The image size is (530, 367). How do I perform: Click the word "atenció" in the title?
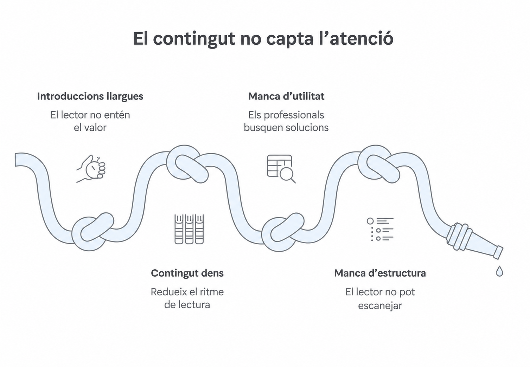click(x=361, y=39)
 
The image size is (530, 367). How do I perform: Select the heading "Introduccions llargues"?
click(x=90, y=96)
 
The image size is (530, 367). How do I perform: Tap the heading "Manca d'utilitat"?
click(x=286, y=96)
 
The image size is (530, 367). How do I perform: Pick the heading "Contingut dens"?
click(x=187, y=273)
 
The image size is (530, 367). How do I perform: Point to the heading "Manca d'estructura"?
click(x=380, y=273)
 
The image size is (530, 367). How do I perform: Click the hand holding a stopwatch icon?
click(x=91, y=169)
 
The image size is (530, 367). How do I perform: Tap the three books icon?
click(x=189, y=229)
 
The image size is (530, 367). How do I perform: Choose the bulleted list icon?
click(x=380, y=229)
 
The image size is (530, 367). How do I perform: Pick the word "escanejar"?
click(x=380, y=305)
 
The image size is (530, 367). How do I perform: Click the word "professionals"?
click(x=294, y=115)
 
